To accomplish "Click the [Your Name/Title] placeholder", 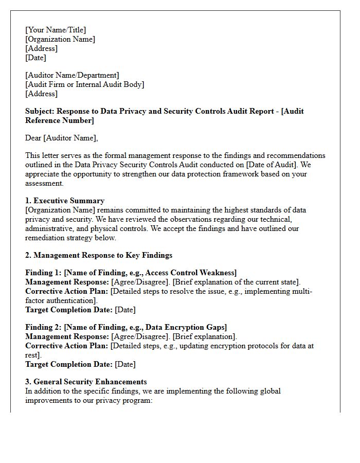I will tap(56, 30).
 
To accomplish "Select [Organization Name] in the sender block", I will tap(60, 39).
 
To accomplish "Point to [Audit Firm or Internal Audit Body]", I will tap(85, 84).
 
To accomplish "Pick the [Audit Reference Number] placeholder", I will tap(59, 120).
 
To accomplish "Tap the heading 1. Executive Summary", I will tap(65, 201).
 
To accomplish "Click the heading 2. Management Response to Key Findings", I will tap(99, 255).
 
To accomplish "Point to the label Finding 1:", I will tap(43, 273).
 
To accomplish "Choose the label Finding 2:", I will tap(43, 327).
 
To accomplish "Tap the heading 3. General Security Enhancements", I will tap(86, 382).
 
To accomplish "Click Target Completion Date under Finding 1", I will tap(69, 310).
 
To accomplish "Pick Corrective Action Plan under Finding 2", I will tap(67, 346).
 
